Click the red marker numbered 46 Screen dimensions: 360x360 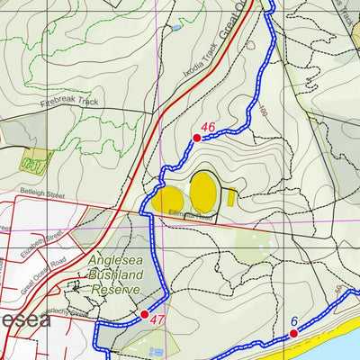(x=196, y=138)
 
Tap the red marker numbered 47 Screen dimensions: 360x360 (x=144, y=314)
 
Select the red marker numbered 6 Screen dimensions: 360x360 (x=292, y=334)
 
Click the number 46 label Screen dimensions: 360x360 (x=209, y=127)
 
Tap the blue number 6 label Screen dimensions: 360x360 (x=293, y=321)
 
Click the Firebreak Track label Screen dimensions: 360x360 (x=68, y=102)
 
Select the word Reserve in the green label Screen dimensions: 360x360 (x=114, y=290)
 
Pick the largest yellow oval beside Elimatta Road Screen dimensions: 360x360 (x=204, y=191)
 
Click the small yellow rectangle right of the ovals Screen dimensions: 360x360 (x=231, y=196)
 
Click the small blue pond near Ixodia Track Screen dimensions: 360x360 (x=176, y=28)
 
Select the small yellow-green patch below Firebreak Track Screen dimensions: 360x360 (x=34, y=164)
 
